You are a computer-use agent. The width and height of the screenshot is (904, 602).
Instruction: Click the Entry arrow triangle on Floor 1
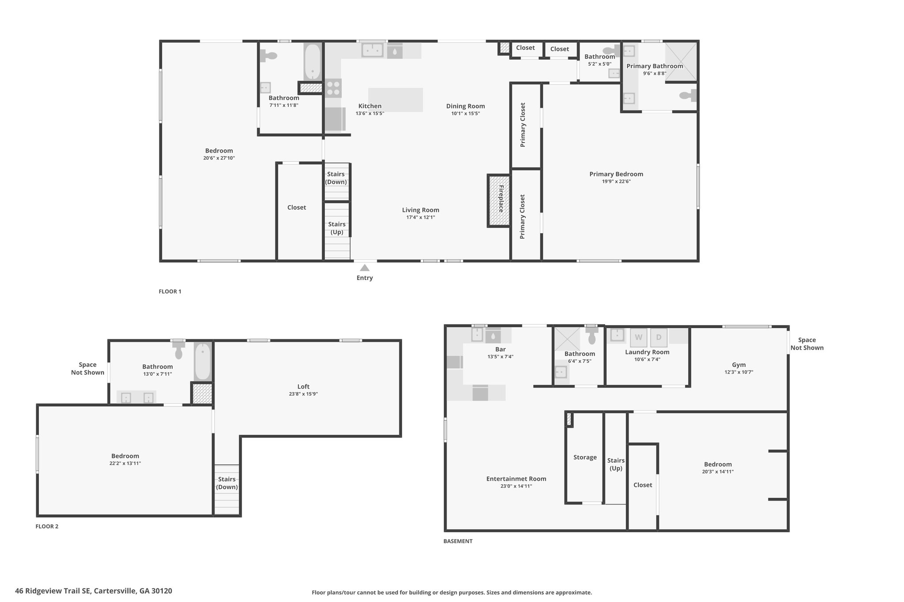pyautogui.click(x=365, y=268)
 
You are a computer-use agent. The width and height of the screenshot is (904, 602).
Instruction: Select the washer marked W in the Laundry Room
pyautogui.click(x=638, y=338)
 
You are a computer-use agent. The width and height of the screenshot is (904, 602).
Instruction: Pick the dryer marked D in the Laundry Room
pyautogui.click(x=659, y=338)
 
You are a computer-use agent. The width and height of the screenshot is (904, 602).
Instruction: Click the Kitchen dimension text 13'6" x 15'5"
pyautogui.click(x=370, y=113)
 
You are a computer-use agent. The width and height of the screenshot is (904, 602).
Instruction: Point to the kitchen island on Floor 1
pyautogui.click(x=395, y=100)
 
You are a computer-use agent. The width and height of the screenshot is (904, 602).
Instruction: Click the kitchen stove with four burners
pyautogui.click(x=333, y=88)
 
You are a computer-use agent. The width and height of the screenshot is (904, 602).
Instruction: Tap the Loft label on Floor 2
pyautogui.click(x=304, y=387)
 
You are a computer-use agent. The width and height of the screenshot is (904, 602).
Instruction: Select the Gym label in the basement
pyautogui.click(x=739, y=365)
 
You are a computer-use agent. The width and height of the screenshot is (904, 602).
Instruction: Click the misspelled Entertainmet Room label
pyautogui.click(x=516, y=479)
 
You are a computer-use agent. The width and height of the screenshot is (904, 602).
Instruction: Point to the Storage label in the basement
pyautogui.click(x=585, y=457)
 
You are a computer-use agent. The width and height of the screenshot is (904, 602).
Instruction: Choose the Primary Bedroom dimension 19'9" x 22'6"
pyautogui.click(x=616, y=181)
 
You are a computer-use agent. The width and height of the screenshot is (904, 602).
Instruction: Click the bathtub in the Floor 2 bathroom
pyautogui.click(x=203, y=362)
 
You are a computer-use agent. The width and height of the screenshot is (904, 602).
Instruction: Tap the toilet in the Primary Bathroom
pyautogui.click(x=688, y=95)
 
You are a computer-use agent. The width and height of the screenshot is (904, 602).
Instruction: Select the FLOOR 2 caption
pyautogui.click(x=47, y=526)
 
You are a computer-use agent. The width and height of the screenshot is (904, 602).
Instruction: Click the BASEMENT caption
pyautogui.click(x=458, y=541)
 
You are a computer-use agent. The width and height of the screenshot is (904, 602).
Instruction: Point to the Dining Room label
pyautogui.click(x=465, y=106)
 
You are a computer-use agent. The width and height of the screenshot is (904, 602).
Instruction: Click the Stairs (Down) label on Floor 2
pyautogui.click(x=227, y=483)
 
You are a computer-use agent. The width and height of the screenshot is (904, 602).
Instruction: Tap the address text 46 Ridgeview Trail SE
pyautogui.click(x=53, y=591)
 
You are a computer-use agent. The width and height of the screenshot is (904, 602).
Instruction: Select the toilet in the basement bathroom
pyautogui.click(x=591, y=335)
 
